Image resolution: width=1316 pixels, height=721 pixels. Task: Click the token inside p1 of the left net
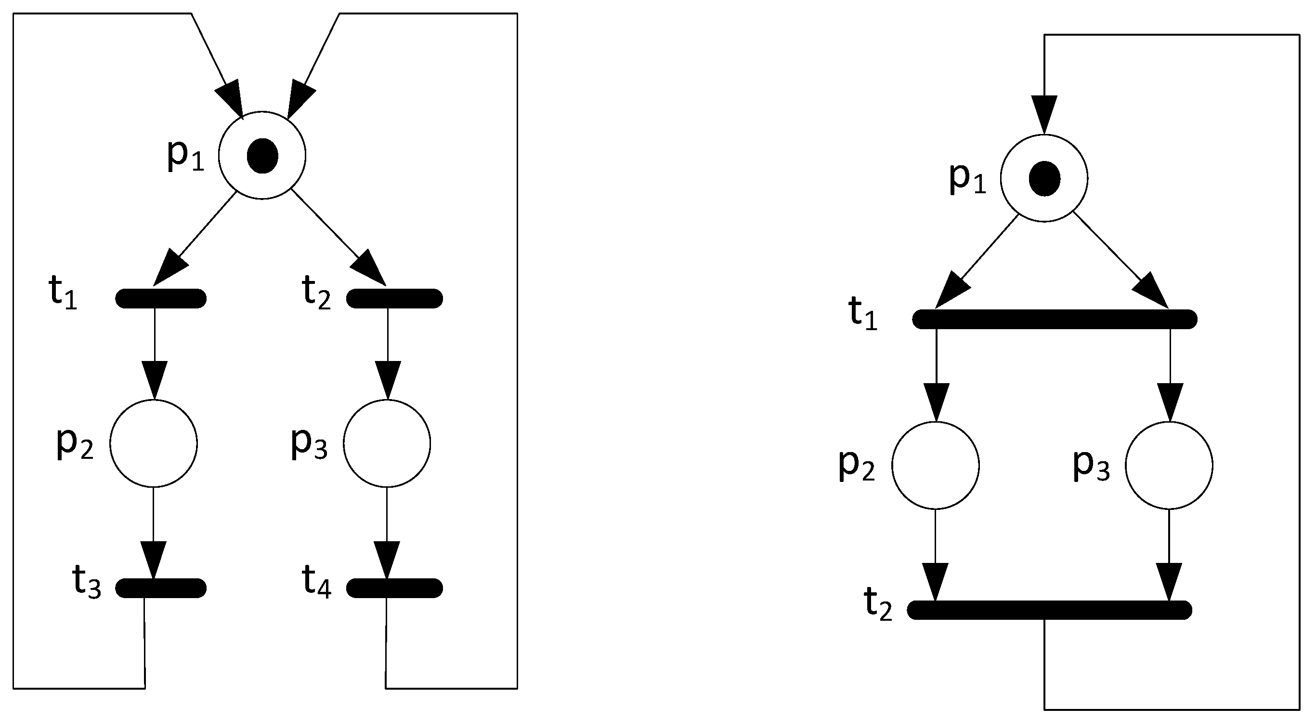[262, 156]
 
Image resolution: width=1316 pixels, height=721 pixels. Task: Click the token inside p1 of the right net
[1044, 178]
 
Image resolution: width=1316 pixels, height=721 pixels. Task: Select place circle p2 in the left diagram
[153, 443]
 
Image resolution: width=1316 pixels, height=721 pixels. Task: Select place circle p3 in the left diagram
[387, 443]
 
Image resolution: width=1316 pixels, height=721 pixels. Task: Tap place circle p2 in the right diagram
[936, 466]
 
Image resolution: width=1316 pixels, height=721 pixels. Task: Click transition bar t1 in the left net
[161, 298]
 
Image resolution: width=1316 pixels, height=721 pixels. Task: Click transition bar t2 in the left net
[394, 298]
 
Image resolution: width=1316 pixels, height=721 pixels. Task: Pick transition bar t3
[161, 588]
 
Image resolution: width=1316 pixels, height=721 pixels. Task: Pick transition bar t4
[394, 588]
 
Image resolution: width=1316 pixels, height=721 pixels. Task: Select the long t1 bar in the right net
[1055, 319]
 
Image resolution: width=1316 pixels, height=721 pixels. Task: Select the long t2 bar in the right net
[1049, 610]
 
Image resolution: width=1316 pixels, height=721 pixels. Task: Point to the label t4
[317, 582]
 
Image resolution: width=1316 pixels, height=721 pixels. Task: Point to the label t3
[86, 582]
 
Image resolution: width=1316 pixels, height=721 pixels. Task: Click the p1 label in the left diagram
[185, 154]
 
